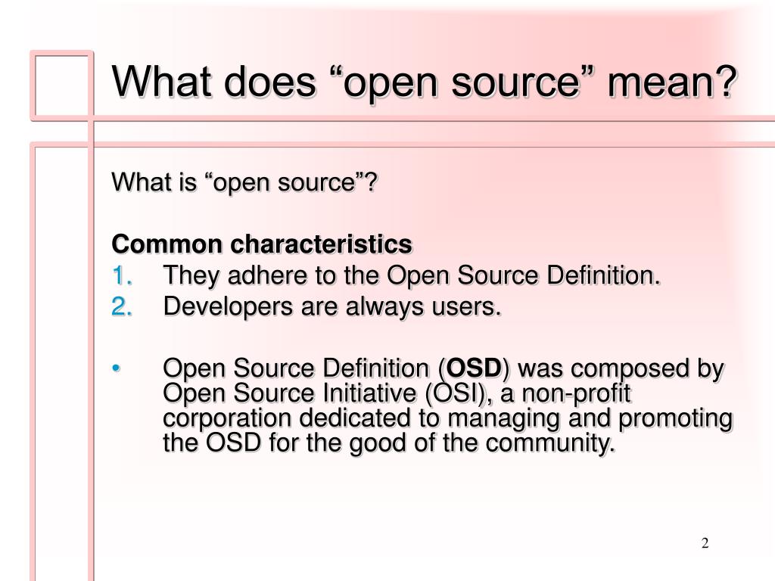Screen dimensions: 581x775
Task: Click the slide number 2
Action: pyautogui.click(x=705, y=544)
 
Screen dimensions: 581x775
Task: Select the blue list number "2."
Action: pyautogui.click(x=123, y=306)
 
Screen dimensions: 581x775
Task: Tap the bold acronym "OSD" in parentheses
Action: pyautogui.click(x=474, y=369)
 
